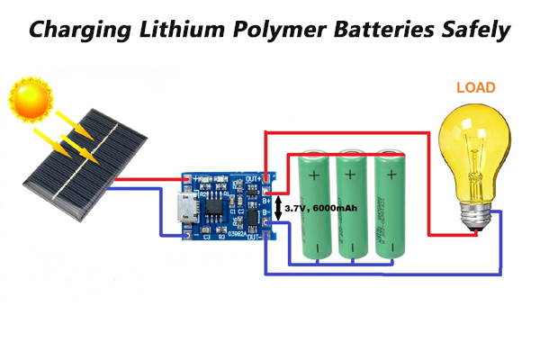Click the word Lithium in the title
pos(186,29)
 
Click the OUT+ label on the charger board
pos(254,178)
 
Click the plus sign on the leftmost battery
pos(315,173)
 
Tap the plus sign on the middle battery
pos(354,173)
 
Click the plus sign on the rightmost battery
pos(391,173)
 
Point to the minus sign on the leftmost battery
pos(315,246)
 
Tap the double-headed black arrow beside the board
pos(278,208)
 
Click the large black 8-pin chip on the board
pos(214,204)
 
